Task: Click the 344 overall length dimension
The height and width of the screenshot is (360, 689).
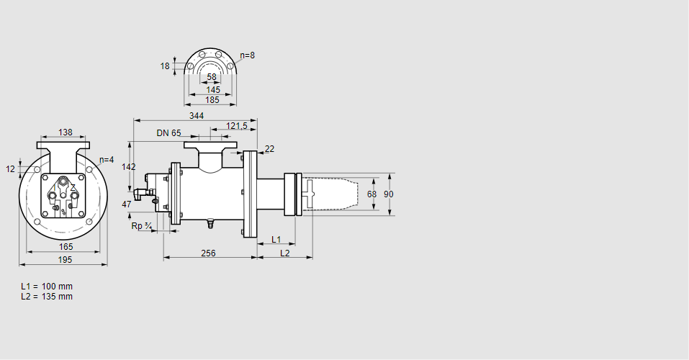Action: click(196, 115)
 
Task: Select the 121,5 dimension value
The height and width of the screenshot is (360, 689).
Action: click(237, 126)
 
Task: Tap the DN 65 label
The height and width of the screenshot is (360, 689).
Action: click(168, 133)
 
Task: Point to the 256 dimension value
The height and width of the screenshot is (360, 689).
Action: click(208, 253)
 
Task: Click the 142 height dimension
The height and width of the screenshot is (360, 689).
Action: click(129, 166)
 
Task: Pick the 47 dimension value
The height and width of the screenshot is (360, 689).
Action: click(127, 204)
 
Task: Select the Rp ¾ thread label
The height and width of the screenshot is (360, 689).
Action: click(142, 225)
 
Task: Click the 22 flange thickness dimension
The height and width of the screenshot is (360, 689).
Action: click(269, 149)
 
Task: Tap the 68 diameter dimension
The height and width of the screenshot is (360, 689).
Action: click(371, 194)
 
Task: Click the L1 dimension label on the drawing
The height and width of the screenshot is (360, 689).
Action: click(276, 239)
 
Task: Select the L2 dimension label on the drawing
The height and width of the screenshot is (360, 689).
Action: click(285, 253)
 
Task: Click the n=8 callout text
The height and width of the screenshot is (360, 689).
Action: click(247, 55)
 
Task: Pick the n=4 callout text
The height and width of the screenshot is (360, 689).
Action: click(107, 160)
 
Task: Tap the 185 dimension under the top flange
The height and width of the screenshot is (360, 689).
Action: click(212, 100)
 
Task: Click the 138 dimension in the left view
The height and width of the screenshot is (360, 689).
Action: click(66, 132)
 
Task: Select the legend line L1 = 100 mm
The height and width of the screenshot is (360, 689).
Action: click(47, 287)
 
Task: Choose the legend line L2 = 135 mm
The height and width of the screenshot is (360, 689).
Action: click(47, 297)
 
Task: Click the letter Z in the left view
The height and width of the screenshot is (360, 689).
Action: click(73, 187)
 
